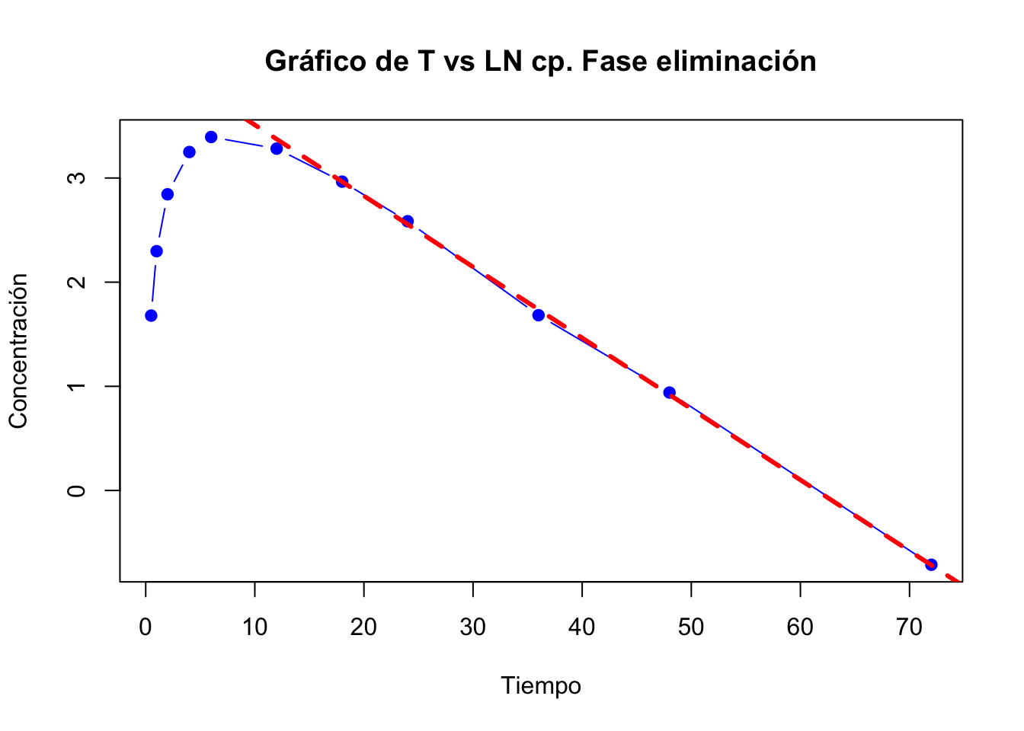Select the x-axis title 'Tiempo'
(x=541, y=686)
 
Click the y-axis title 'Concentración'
(x=18, y=351)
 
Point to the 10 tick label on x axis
(x=254, y=627)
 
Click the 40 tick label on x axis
(x=582, y=627)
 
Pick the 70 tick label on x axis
(x=909, y=627)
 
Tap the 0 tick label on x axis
(x=146, y=627)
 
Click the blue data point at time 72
(x=931, y=564)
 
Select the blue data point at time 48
(x=669, y=393)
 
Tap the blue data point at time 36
(x=539, y=315)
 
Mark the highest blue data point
(x=211, y=137)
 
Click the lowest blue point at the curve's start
(x=151, y=315)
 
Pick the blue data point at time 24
(x=408, y=222)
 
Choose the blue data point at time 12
(x=277, y=148)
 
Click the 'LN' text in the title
(x=503, y=62)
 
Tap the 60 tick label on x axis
(x=800, y=627)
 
